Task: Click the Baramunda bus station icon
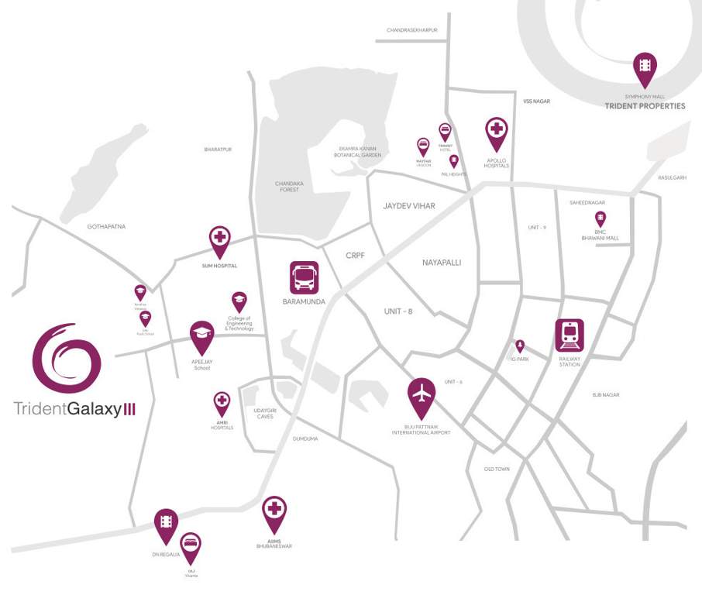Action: [305, 278]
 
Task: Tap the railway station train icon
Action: [570, 335]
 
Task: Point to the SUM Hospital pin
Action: [220, 241]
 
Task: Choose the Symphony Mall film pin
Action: [645, 68]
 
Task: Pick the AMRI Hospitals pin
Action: [222, 404]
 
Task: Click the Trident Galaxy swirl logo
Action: [67, 358]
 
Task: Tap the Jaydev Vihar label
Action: [409, 206]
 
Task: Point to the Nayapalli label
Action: [442, 263]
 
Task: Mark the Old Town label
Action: [497, 469]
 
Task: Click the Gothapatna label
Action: [107, 226]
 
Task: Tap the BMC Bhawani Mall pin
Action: [600, 218]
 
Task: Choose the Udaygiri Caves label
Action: [265, 413]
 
